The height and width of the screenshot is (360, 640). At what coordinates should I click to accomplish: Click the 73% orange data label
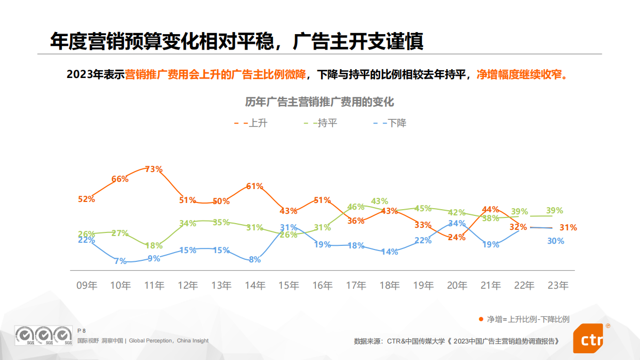(x=154, y=169)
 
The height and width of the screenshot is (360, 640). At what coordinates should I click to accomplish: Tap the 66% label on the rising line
(x=120, y=179)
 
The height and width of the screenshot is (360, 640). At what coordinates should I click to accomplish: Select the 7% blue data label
(x=120, y=261)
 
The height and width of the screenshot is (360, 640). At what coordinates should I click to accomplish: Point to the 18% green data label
(x=154, y=246)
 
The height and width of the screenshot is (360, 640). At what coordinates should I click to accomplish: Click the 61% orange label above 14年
(x=255, y=186)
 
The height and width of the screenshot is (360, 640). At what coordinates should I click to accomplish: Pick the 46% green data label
(x=356, y=207)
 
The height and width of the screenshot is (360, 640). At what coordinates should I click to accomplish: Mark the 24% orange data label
(x=457, y=238)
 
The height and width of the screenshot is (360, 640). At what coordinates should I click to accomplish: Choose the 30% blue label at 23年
(x=555, y=241)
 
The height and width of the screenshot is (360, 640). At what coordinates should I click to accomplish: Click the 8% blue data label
(x=255, y=260)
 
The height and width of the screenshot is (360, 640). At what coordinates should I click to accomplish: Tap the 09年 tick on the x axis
(x=87, y=286)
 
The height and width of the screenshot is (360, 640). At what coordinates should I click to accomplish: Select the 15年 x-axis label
(x=289, y=286)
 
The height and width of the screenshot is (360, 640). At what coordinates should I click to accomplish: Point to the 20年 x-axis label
(x=457, y=286)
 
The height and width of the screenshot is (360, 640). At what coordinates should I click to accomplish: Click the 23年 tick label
(x=557, y=286)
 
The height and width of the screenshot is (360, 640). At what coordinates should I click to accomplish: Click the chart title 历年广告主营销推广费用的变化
(x=319, y=101)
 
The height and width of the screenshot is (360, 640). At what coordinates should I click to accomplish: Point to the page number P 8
(x=81, y=331)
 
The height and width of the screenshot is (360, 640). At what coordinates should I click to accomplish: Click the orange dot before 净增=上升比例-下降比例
(x=481, y=319)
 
